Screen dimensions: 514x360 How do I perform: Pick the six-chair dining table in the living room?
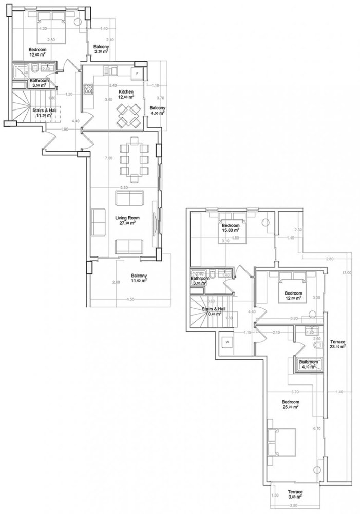click(x=131, y=159)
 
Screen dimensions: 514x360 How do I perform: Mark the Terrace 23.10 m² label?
click(x=337, y=344)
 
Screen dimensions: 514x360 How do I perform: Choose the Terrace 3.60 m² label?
click(x=295, y=494)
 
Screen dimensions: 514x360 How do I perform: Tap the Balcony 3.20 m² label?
click(x=100, y=49)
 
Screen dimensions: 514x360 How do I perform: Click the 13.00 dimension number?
click(x=349, y=273)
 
